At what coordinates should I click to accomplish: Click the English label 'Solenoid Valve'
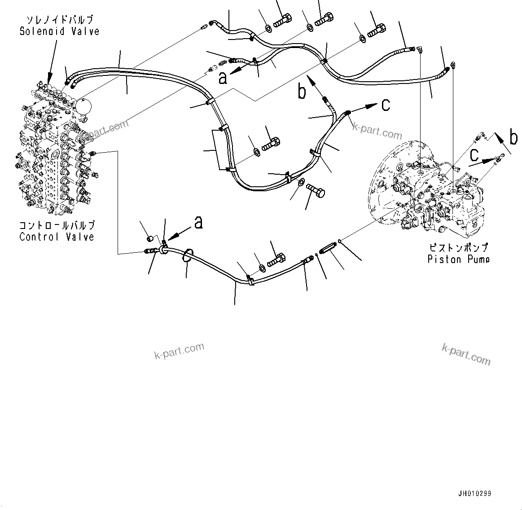click(x=59, y=31)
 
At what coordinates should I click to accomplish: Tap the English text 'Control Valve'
click(x=57, y=237)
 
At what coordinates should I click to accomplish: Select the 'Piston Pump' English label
click(x=458, y=259)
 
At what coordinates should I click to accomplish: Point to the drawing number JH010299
click(x=475, y=493)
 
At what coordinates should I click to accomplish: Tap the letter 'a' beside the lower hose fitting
click(x=198, y=221)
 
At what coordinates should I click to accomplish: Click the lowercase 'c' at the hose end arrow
click(x=386, y=105)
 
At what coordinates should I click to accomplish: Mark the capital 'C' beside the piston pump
click(x=474, y=155)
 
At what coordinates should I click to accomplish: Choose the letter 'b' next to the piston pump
click(x=513, y=137)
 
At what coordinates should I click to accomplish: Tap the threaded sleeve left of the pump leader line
click(x=329, y=247)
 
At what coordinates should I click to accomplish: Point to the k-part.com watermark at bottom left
click(x=179, y=350)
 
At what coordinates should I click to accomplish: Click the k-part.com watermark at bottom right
click(x=466, y=354)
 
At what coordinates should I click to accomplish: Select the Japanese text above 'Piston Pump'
click(x=458, y=247)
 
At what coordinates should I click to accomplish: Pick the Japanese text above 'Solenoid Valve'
click(x=59, y=20)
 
